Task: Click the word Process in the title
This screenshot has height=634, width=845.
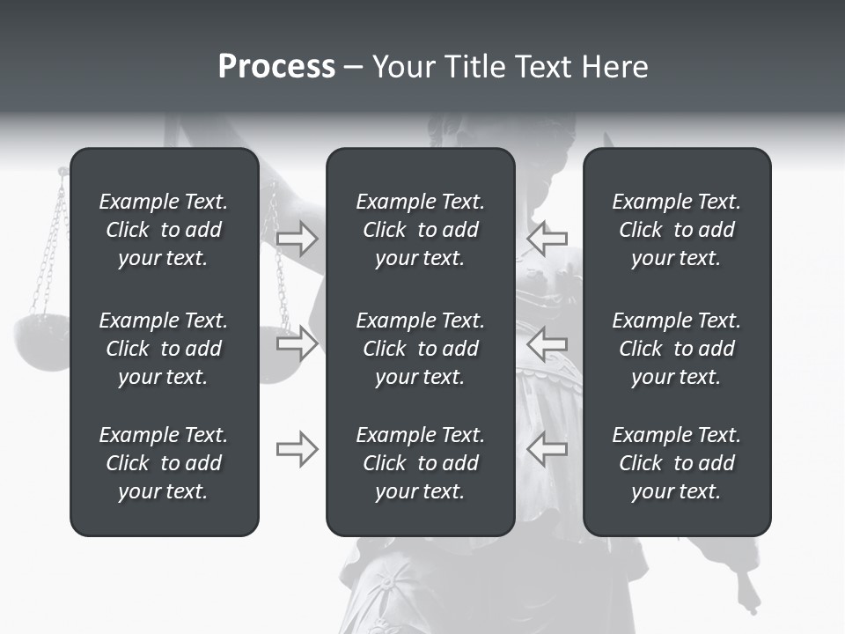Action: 276,67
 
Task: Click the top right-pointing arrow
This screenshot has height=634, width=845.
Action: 297,239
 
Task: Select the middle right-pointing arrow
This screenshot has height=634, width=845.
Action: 297,343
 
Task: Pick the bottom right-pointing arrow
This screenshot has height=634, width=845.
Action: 297,449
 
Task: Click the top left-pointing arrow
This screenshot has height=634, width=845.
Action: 547,239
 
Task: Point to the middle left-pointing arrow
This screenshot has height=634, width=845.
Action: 547,343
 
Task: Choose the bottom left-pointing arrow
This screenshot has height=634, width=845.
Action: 547,449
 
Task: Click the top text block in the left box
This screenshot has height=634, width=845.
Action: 164,230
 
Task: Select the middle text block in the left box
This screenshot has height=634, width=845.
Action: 164,349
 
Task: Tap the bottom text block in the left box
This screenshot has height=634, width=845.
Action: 164,463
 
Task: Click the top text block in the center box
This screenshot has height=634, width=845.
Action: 420,230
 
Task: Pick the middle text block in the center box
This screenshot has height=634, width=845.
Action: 420,349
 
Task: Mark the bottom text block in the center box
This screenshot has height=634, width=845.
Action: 420,463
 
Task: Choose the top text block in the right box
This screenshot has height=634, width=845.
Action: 676,230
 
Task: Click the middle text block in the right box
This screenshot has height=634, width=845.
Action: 676,349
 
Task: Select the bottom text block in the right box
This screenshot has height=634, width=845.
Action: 676,463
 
